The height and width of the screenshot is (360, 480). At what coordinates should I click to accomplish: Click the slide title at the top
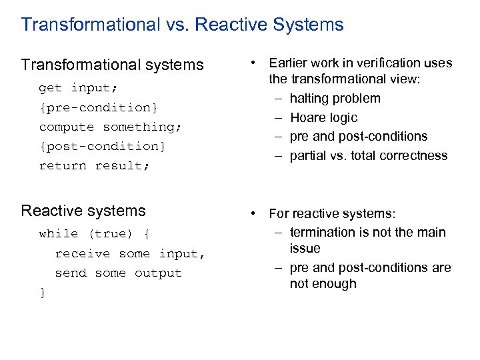click(x=182, y=25)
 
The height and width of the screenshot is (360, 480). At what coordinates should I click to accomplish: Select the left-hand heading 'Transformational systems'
click(x=112, y=65)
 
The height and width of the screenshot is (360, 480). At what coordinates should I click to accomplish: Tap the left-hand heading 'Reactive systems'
click(x=83, y=211)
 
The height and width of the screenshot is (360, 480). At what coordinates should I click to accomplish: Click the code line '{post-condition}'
click(x=103, y=146)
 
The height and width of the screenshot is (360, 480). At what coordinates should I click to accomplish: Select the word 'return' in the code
click(x=63, y=165)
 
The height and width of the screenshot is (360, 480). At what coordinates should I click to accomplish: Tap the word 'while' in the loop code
click(x=59, y=234)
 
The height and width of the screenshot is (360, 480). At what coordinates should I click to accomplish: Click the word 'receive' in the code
click(x=83, y=254)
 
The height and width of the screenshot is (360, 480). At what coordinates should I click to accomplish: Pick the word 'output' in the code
click(x=158, y=273)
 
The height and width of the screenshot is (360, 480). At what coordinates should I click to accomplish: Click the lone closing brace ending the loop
click(x=43, y=293)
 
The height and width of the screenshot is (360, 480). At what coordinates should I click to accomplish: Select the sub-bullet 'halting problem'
click(x=335, y=99)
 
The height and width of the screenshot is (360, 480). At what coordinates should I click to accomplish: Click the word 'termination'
click(x=323, y=233)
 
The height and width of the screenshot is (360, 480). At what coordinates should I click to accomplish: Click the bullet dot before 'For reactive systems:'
click(x=253, y=214)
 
